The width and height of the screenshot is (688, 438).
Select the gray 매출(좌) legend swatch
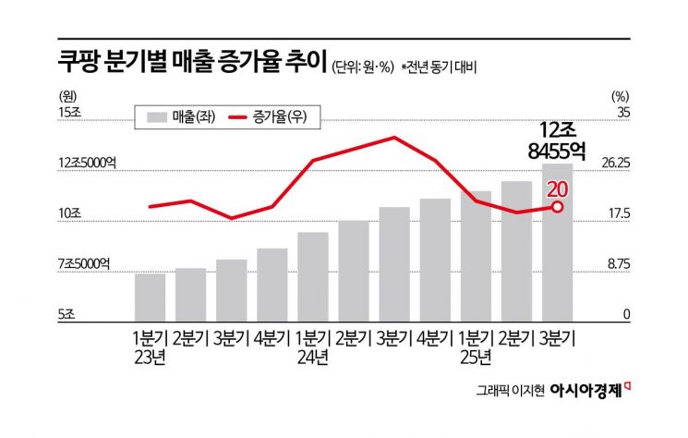tap(157, 116)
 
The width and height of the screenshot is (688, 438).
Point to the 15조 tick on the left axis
tap(70, 112)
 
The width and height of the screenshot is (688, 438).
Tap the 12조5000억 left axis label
tap(87, 163)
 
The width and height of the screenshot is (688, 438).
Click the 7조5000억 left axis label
tap(83, 263)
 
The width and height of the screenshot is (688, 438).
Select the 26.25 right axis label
tap(616, 163)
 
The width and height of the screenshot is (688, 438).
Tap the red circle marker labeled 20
tap(557, 206)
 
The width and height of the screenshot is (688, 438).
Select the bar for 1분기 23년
tap(150, 294)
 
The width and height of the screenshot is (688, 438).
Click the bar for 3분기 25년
tap(557, 239)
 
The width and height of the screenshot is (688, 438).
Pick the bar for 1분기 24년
tap(313, 274)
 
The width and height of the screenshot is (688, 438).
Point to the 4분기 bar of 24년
tap(435, 256)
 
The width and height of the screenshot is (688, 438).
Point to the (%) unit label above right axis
tap(620, 93)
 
